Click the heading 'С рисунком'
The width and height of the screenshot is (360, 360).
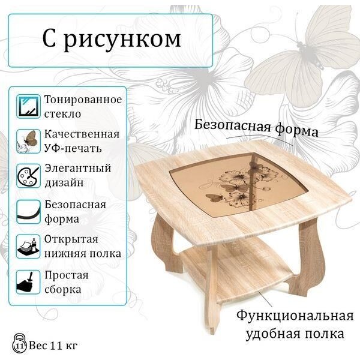112,39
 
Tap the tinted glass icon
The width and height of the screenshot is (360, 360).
28,107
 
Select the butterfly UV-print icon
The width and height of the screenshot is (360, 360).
28,141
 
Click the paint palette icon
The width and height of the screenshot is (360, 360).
28,176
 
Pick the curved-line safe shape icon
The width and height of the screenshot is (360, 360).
28,212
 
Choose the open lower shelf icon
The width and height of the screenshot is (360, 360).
28,247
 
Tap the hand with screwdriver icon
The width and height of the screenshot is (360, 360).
28,282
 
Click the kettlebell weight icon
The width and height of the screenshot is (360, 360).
20,343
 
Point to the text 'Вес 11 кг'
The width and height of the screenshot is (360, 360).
53,346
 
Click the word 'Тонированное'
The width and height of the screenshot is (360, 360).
83,100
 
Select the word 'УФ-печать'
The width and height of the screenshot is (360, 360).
73,148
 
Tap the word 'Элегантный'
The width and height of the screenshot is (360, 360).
78,168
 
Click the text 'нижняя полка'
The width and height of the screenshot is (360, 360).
83,254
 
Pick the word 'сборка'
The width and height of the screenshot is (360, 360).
62,290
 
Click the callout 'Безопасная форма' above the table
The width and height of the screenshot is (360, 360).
256,128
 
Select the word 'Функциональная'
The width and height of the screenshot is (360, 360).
295,316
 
